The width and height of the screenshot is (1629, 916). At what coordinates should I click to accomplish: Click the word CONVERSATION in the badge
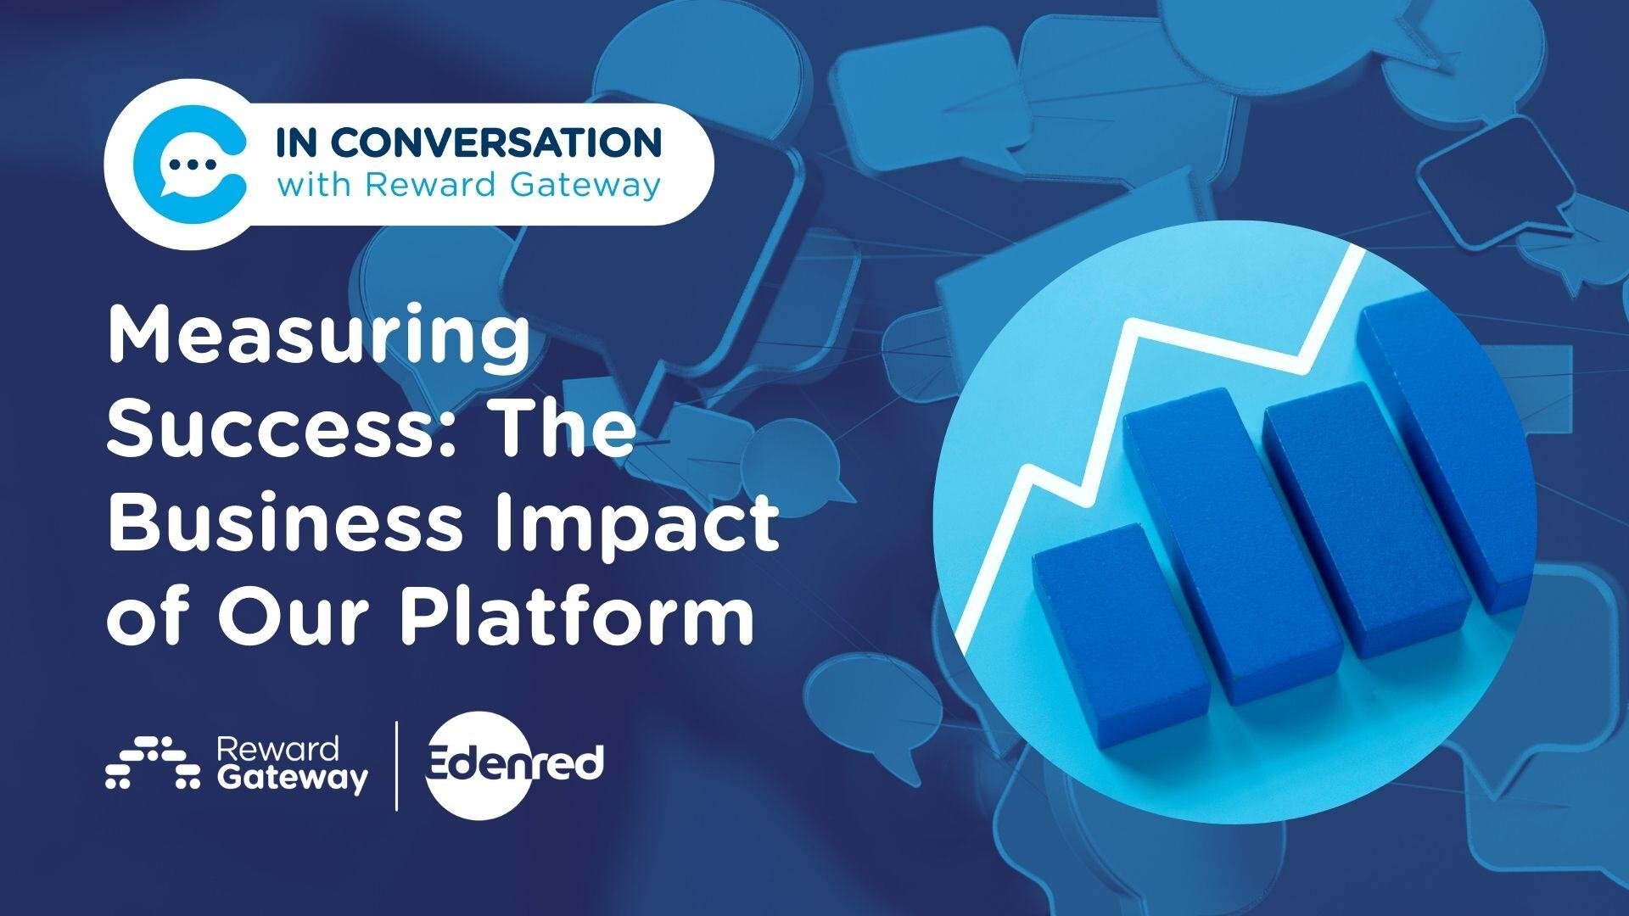(x=495, y=143)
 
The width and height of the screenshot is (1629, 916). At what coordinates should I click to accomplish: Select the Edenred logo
(x=513, y=766)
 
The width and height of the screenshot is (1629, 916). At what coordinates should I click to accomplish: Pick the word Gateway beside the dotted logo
(x=293, y=778)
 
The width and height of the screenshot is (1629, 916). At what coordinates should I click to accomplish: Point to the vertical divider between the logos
(x=397, y=766)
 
